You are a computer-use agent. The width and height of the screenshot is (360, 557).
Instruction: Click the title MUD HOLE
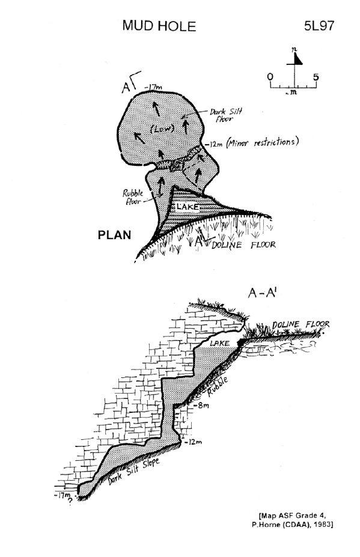[159, 26]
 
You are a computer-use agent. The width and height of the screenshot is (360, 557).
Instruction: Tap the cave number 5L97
[319, 26]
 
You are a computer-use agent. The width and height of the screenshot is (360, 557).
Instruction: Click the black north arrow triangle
[297, 59]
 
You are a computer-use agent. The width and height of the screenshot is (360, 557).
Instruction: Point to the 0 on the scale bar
[270, 77]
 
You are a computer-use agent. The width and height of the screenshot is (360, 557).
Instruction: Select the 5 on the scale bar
[316, 77]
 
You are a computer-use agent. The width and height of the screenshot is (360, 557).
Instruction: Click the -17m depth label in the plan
[153, 87]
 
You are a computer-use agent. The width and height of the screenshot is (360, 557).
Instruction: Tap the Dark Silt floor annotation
[225, 115]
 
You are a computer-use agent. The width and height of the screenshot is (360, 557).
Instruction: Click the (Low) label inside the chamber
[162, 129]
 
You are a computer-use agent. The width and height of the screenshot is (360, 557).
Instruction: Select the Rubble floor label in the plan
[133, 197]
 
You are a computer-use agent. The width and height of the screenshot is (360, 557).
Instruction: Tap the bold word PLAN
[114, 235]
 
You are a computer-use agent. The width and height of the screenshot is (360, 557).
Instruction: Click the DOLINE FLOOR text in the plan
[243, 245]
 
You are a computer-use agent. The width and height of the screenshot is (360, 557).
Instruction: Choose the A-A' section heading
[263, 293]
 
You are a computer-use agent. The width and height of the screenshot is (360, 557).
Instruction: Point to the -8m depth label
[201, 405]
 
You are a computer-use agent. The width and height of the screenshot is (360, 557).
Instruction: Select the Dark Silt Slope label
[133, 471]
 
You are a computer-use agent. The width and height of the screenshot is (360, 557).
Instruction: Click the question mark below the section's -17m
[70, 501]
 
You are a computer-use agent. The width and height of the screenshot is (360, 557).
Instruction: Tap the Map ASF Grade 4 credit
[293, 516]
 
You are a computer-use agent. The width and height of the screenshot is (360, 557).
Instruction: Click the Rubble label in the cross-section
[218, 386]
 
